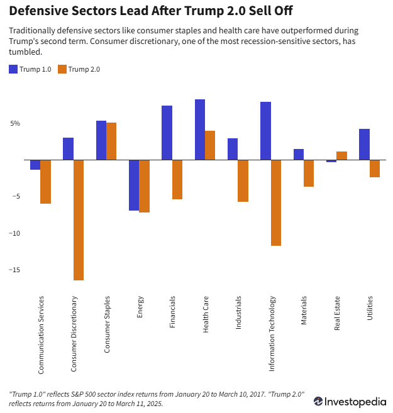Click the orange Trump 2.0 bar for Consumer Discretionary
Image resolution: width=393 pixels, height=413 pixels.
tap(79, 220)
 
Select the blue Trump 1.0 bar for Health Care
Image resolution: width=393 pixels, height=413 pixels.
tap(200, 129)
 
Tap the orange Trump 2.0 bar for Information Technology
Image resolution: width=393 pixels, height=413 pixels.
tap(276, 202)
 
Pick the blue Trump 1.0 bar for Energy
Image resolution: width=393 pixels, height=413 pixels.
tap(134, 185)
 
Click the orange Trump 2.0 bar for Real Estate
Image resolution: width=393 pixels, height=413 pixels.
tap(341, 156)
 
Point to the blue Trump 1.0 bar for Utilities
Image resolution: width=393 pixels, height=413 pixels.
tap(364, 145)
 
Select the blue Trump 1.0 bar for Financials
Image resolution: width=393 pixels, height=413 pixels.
tap(167, 133)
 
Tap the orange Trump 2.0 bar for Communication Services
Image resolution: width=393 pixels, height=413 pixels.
tap(46, 182)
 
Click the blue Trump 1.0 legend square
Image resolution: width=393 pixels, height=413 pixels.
tap(13, 69)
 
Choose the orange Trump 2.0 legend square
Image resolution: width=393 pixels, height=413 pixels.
tap(62, 69)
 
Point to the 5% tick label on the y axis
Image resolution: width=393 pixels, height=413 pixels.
tap(14, 123)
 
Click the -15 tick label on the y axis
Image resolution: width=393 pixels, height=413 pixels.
tap(13, 270)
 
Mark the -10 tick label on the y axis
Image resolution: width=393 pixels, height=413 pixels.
tap(13, 233)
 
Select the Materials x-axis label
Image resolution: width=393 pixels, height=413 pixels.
tap(304, 310)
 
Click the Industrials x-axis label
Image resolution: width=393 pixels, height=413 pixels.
tap(238, 312)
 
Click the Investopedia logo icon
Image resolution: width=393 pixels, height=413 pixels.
tap(319, 400)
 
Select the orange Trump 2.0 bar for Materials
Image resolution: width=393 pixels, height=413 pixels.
tap(309, 173)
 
